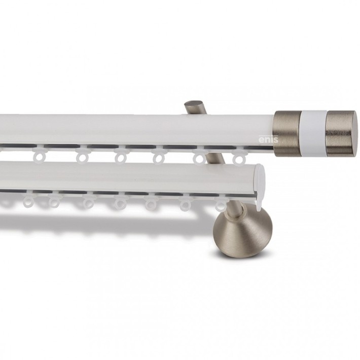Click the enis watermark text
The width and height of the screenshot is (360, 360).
click(x=268, y=139)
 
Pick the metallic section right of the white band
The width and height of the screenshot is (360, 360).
click(x=340, y=133)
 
